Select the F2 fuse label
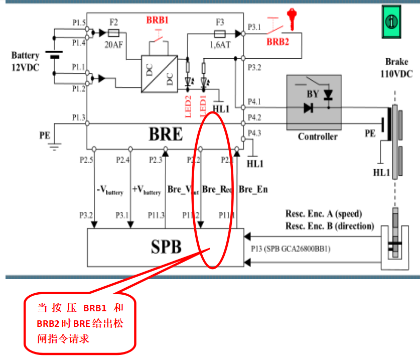coord(113,22)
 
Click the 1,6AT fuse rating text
coord(220,44)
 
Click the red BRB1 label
coord(157,21)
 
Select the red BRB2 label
coord(277,42)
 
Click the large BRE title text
coord(166,135)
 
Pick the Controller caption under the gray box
coord(318,137)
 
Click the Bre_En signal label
coord(253,189)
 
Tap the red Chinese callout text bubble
coord(80,323)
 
